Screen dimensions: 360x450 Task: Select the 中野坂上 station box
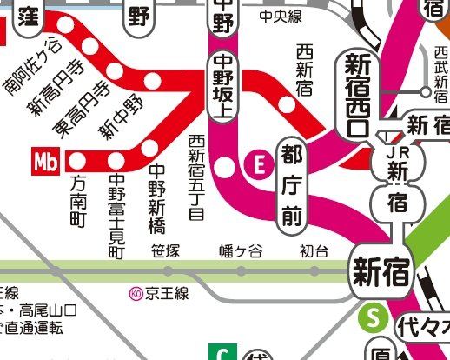coord(224,87)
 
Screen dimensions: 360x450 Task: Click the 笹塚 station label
coord(164,252)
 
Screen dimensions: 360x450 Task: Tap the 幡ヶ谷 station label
coord(240,252)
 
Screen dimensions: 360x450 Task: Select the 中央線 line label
coord(281,16)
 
